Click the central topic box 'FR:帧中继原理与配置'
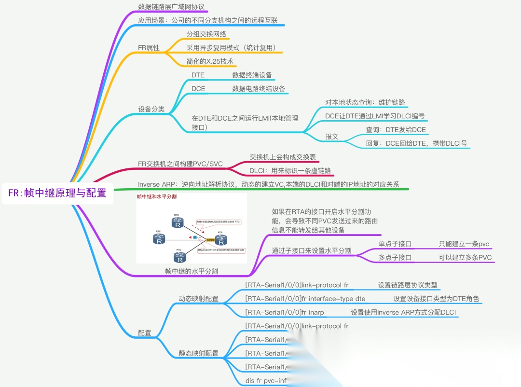pyautogui.click(x=57, y=193)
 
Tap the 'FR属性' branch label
pyautogui.click(x=149, y=48)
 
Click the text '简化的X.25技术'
pyautogui.click(x=210, y=61)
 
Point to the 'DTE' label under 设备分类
pyautogui.click(x=198, y=75)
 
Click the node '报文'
pyautogui.click(x=332, y=137)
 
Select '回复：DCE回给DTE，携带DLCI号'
pyautogui.click(x=417, y=143)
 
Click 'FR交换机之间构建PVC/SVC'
pyautogui.click(x=180, y=164)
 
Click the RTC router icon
pyautogui.click(x=159, y=238)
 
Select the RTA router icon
pyautogui.click(x=220, y=239)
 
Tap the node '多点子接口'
pyautogui.click(x=397, y=257)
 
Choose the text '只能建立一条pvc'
pyautogui.click(x=464, y=244)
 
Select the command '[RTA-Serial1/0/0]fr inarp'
pyautogui.click(x=285, y=312)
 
